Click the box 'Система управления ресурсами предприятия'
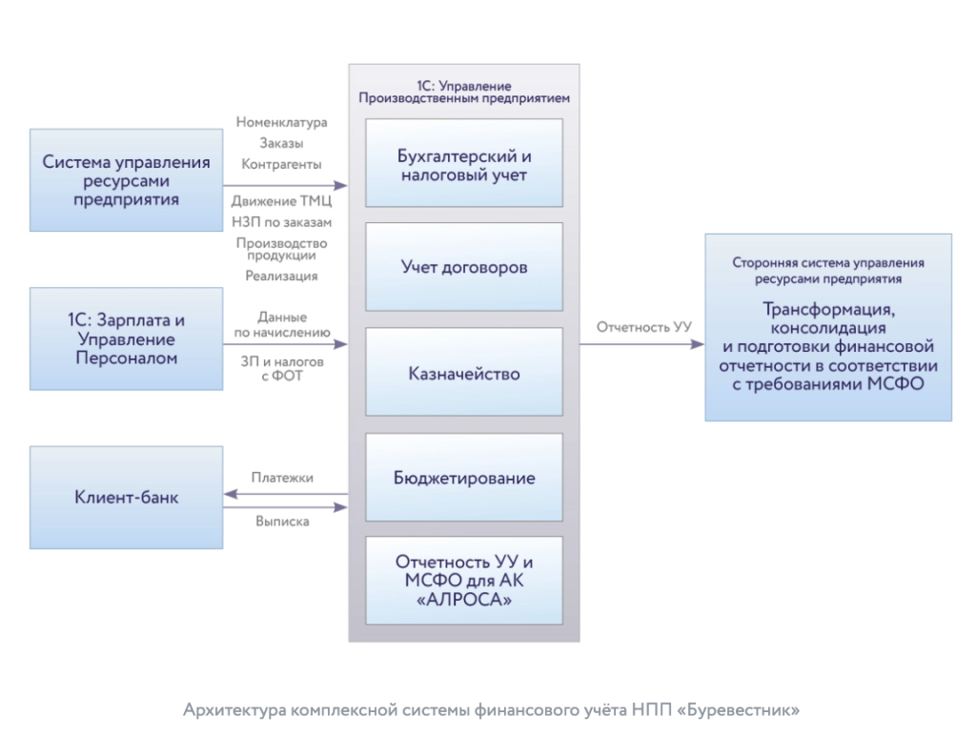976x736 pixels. point(127,180)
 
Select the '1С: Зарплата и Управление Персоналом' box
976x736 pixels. point(127,339)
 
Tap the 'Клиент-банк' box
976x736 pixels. point(127,497)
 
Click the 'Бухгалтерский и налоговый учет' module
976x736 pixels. point(464,164)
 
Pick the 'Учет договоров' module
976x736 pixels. point(464,267)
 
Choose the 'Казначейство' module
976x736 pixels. point(464,373)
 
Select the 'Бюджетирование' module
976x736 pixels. point(464,478)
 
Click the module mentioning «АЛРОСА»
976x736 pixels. point(464,581)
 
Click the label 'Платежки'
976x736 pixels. point(282,477)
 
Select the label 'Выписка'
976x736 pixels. point(282,521)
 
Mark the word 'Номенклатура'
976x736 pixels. point(281,123)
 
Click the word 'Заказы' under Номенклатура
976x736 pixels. point(281,144)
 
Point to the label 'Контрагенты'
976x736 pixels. point(281,165)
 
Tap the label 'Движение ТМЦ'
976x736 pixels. point(281,201)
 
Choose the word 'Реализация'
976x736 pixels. point(281,276)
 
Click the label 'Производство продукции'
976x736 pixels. point(281,249)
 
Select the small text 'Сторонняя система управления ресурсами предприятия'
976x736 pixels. point(828,271)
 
